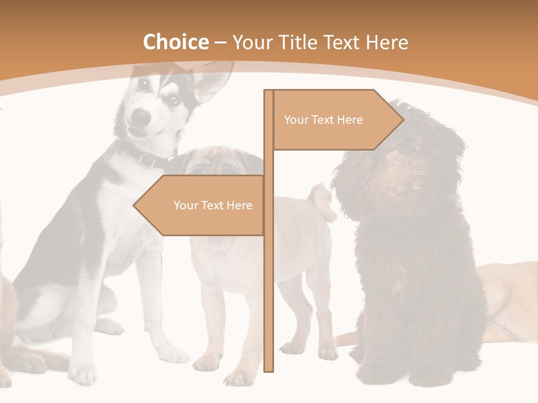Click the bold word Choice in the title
(175, 43)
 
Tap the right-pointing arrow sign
(336, 120)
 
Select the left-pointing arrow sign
(202, 205)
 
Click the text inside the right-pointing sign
(323, 120)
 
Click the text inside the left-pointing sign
(213, 205)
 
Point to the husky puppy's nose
(141, 116)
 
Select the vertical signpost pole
(269, 280)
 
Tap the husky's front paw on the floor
(84, 374)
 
